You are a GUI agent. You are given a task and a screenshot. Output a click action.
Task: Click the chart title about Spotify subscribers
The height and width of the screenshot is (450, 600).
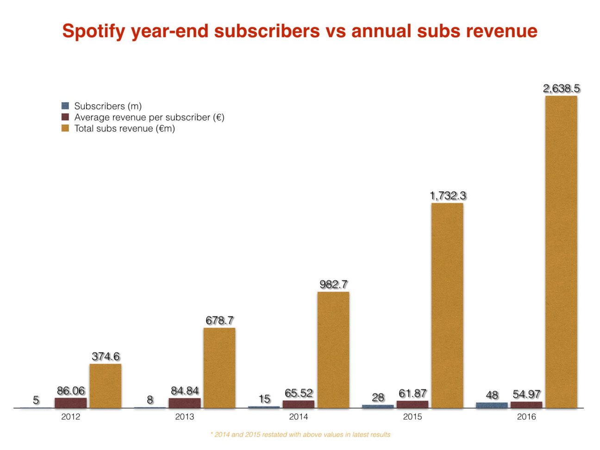(300, 31)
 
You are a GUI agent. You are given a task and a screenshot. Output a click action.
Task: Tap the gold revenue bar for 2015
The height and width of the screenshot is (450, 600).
(447, 305)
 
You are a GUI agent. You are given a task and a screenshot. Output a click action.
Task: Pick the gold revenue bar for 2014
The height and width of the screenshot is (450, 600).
(333, 350)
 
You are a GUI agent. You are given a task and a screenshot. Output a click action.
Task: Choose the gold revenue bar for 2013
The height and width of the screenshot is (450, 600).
(219, 368)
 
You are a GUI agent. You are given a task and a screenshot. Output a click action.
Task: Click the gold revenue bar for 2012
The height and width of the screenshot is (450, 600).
(106, 386)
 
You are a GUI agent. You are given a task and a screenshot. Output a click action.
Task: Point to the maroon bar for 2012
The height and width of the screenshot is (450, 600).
(71, 403)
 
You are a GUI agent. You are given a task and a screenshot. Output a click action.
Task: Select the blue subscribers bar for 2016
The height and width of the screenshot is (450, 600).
(492, 405)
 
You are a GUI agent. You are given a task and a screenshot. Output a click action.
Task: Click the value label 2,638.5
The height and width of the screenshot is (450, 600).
(561, 88)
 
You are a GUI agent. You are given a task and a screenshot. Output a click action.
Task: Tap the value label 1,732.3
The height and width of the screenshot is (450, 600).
(448, 196)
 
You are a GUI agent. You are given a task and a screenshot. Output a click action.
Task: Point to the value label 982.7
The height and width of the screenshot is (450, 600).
(333, 284)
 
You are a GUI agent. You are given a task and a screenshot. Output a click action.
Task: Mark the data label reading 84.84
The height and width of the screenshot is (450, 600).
(185, 391)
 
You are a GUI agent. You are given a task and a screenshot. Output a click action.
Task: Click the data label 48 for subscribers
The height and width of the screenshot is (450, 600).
(492, 395)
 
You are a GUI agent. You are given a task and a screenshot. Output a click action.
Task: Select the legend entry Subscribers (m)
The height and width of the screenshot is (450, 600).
(107, 106)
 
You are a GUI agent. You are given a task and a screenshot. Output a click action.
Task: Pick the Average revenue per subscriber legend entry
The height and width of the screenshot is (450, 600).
(149, 117)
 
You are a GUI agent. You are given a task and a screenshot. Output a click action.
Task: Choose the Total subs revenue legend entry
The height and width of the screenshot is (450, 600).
(124, 128)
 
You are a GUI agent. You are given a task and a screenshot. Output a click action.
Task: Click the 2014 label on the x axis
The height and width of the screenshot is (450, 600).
(298, 417)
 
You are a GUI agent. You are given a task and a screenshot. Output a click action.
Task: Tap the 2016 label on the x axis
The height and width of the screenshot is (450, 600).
(526, 417)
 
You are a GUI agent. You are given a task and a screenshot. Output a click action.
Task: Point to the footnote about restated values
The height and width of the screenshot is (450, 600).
(300, 435)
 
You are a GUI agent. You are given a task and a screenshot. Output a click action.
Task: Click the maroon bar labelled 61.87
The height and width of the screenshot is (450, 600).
(412, 404)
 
